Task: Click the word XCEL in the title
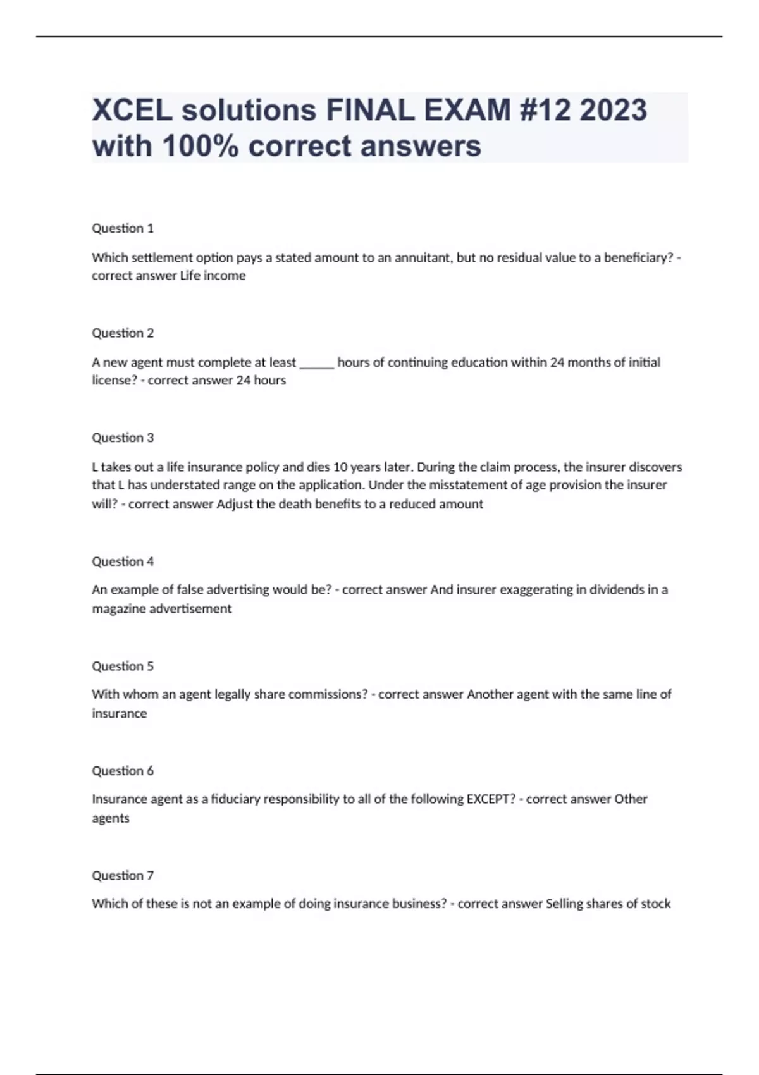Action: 132,110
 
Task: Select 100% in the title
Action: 201,146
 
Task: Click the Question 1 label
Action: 123,228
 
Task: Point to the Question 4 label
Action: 123,562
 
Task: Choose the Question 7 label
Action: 123,876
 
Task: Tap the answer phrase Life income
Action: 213,276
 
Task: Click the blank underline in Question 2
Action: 316,364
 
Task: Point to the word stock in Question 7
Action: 655,904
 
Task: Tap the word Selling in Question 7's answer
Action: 564,904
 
